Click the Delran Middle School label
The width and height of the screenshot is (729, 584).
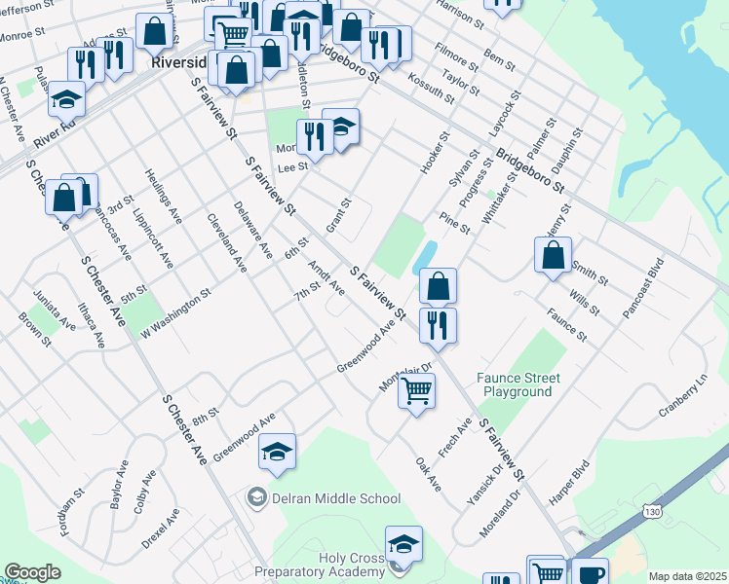[x=336, y=498]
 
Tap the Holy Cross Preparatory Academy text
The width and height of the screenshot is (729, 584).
[x=319, y=566]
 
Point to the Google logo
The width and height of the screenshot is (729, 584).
[x=32, y=572]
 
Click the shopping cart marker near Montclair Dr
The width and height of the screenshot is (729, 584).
[x=417, y=391]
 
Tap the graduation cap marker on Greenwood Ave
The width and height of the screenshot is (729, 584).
[x=278, y=452]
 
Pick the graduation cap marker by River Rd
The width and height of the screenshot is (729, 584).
[x=67, y=99]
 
